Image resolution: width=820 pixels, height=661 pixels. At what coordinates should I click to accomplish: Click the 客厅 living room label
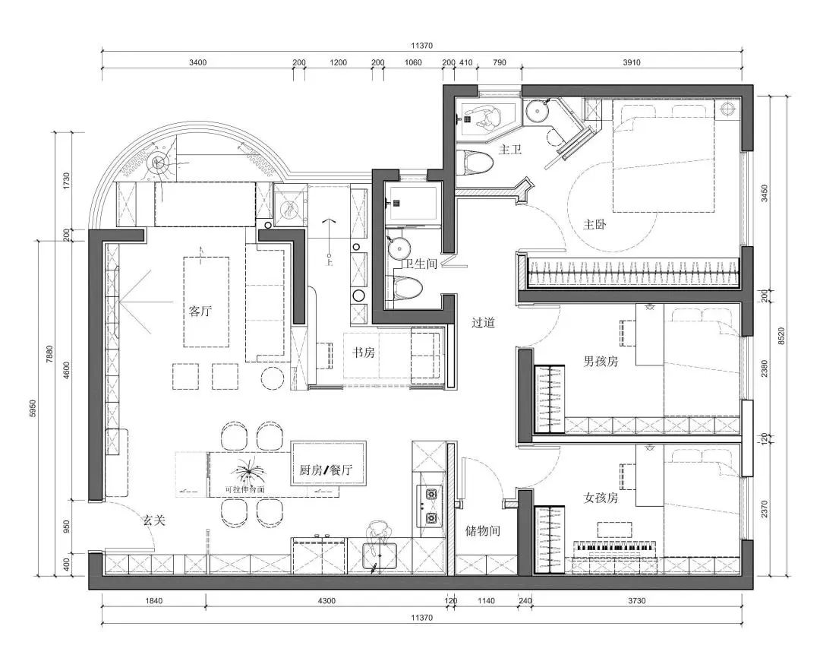pos(200,311)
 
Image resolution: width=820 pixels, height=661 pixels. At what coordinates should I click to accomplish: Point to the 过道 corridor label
pos(483,322)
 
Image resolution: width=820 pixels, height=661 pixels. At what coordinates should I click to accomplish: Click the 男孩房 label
pos(600,361)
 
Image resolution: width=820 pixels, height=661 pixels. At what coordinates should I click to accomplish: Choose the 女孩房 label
pos(600,498)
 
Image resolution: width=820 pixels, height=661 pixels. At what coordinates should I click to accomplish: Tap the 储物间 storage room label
pos(482,531)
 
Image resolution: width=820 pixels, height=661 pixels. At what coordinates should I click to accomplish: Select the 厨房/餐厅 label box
pos(327,470)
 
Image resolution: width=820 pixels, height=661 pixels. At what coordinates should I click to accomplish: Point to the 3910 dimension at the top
pos(631,62)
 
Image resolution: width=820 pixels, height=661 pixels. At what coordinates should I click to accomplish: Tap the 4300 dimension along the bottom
pos(326,601)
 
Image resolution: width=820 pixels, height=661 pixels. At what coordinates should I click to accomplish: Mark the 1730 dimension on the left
pos(67,181)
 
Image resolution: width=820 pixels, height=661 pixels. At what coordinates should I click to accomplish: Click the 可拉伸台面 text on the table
pos(244,490)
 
